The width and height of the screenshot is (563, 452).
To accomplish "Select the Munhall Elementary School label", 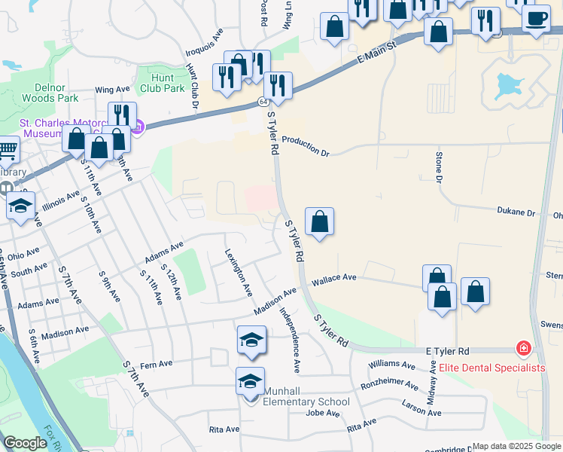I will [306, 402].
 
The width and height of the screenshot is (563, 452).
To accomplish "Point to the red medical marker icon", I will [522, 350].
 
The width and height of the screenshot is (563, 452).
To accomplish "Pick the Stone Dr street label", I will [439, 166].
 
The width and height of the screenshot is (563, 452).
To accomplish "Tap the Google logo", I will [25, 443].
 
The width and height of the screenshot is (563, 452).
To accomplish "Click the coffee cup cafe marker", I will [536, 17].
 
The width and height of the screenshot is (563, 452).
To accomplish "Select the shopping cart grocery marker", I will [7, 149].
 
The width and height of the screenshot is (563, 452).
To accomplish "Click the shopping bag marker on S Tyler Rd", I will [319, 221].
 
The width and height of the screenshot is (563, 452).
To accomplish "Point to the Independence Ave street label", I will [291, 340].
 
